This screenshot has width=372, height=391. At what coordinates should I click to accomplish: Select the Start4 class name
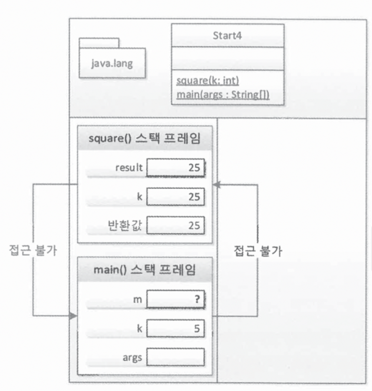(227, 35)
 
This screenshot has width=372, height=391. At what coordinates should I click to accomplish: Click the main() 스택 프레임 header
(144, 270)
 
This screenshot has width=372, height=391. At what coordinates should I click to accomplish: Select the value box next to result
(175, 169)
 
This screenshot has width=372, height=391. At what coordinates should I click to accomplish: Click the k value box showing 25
(175, 197)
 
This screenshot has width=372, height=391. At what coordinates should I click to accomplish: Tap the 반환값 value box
(175, 226)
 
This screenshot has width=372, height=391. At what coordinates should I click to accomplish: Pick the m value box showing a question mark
(175, 299)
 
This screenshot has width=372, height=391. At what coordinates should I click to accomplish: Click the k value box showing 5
(175, 328)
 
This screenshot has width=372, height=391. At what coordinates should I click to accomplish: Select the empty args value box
(175, 357)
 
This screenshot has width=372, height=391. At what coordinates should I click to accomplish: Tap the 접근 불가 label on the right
(259, 252)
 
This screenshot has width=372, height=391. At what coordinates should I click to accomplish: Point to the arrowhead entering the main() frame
(74, 316)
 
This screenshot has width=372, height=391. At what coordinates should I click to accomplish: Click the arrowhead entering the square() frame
(217, 185)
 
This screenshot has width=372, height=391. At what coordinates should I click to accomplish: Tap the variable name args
(132, 357)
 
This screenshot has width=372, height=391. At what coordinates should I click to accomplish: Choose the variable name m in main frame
(138, 299)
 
